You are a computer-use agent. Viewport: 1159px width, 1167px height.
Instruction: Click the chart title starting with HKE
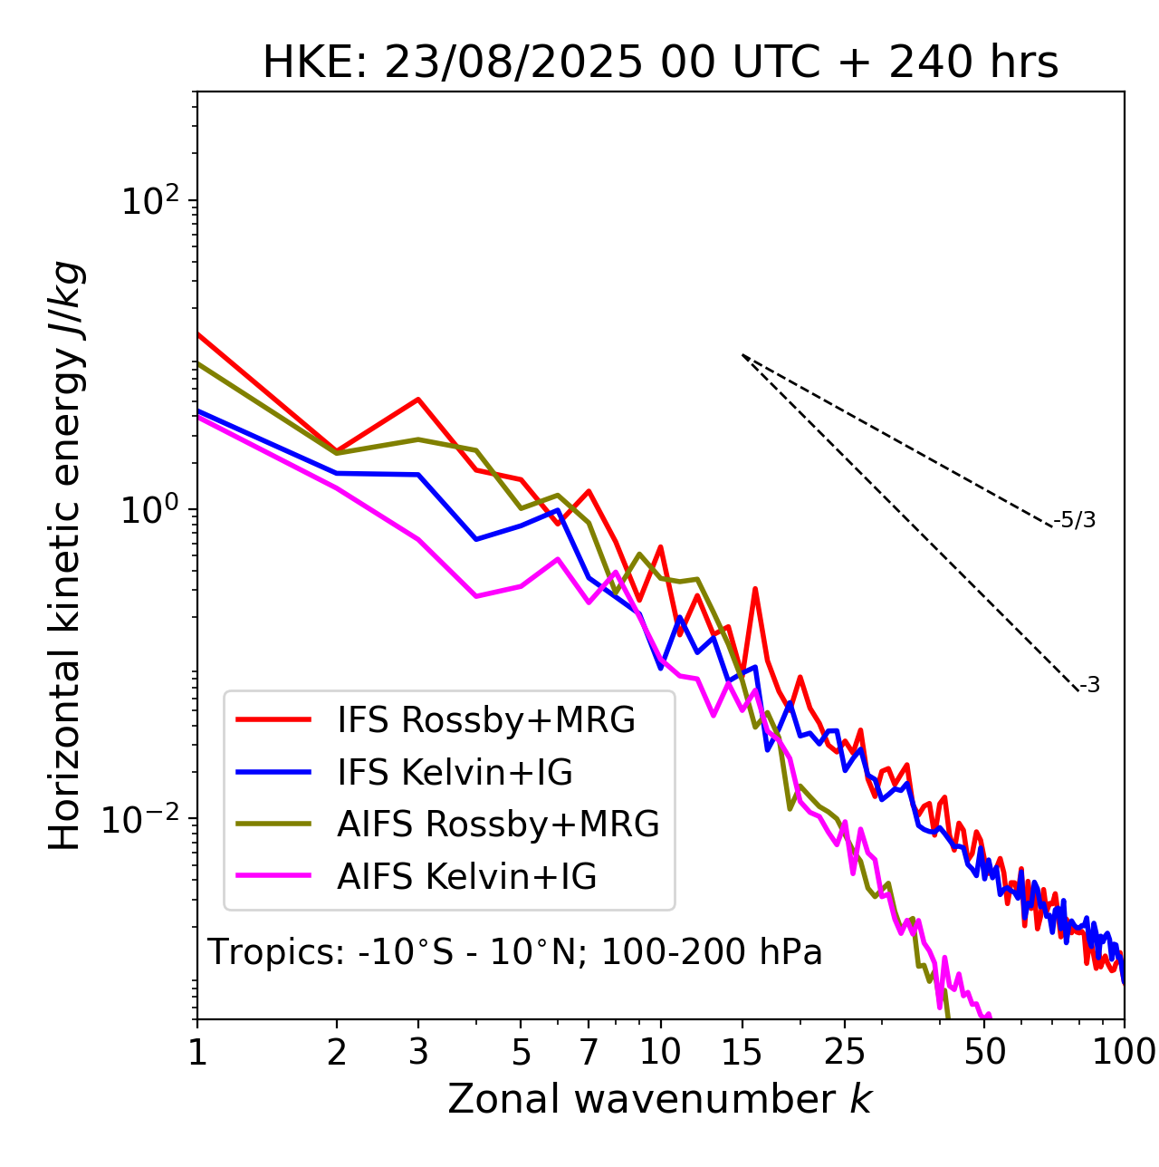pyautogui.click(x=660, y=63)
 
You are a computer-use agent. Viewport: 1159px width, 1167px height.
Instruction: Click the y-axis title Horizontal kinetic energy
pyautogui.click(x=66, y=555)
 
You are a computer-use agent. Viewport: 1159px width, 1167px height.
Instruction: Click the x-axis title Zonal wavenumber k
pyautogui.click(x=659, y=1098)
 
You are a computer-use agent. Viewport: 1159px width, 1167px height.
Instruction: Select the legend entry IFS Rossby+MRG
pyautogui.click(x=485, y=720)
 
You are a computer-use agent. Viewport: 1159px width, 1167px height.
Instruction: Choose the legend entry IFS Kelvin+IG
pyautogui.click(x=455, y=772)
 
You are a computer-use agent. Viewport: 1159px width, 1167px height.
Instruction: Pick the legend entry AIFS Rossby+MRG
pyautogui.click(x=498, y=825)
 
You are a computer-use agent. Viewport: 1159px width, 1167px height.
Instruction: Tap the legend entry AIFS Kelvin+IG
pyautogui.click(x=466, y=877)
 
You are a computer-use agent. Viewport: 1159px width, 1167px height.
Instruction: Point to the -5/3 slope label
pyautogui.click(x=1075, y=520)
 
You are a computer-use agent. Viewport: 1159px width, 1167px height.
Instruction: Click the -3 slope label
pyautogui.click(x=1089, y=685)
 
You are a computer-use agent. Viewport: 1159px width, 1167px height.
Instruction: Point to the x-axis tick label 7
pyautogui.click(x=589, y=1052)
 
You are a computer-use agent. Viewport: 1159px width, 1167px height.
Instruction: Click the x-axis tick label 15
pyautogui.click(x=742, y=1052)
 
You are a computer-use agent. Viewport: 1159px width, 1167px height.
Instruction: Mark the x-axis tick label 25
pyautogui.click(x=845, y=1052)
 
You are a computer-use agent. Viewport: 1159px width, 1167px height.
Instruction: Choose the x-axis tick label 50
pyautogui.click(x=984, y=1052)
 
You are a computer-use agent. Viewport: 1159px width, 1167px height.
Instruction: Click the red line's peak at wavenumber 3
pyautogui.click(x=418, y=399)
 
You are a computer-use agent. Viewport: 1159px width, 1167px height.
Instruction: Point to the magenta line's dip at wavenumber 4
pyautogui.click(x=476, y=596)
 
